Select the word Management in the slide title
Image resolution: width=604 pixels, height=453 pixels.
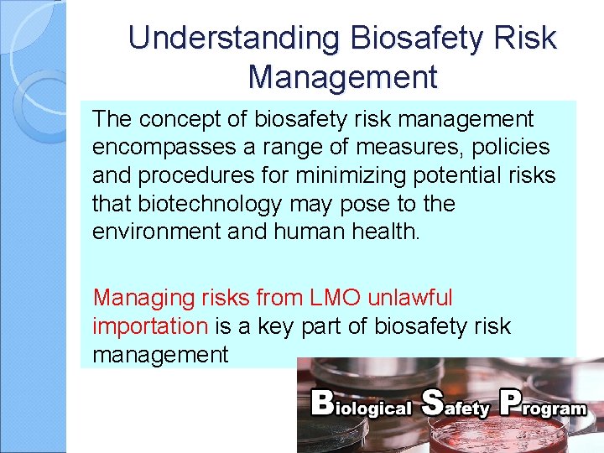pos(342,77)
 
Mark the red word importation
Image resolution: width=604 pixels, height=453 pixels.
pos(150,326)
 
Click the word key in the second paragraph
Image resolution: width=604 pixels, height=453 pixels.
pos(268,326)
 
